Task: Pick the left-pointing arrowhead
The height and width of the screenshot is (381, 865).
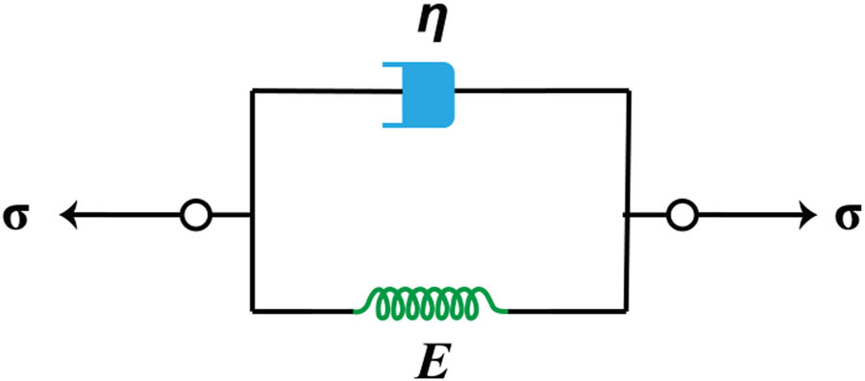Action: click(69, 215)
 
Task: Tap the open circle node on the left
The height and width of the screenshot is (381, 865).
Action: click(194, 215)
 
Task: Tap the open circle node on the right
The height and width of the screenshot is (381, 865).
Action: click(680, 215)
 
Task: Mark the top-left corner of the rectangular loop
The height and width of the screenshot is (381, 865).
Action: click(252, 91)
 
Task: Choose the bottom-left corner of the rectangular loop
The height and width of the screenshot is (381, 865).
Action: click(252, 310)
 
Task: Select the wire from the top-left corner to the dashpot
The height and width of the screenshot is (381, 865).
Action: click(317, 91)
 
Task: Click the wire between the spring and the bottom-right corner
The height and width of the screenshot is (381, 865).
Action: click(567, 310)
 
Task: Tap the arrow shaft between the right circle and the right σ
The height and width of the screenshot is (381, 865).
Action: click(740, 215)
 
